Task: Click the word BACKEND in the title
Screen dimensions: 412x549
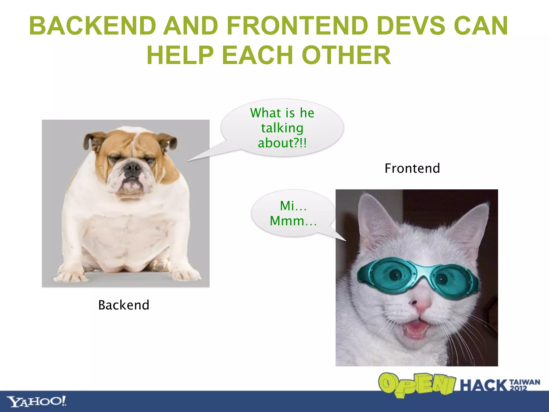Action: tap(92, 26)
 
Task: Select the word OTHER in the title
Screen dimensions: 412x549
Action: tap(346, 55)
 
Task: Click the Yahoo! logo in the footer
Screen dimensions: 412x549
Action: tap(36, 402)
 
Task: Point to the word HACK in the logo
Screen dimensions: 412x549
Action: tap(484, 385)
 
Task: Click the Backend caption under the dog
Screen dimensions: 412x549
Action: tap(124, 305)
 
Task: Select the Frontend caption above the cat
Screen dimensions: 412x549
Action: tap(412, 168)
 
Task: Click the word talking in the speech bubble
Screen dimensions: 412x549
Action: tap(282, 128)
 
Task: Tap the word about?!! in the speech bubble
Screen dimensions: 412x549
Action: tap(282, 143)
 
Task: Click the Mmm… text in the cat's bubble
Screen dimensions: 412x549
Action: tap(293, 221)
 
